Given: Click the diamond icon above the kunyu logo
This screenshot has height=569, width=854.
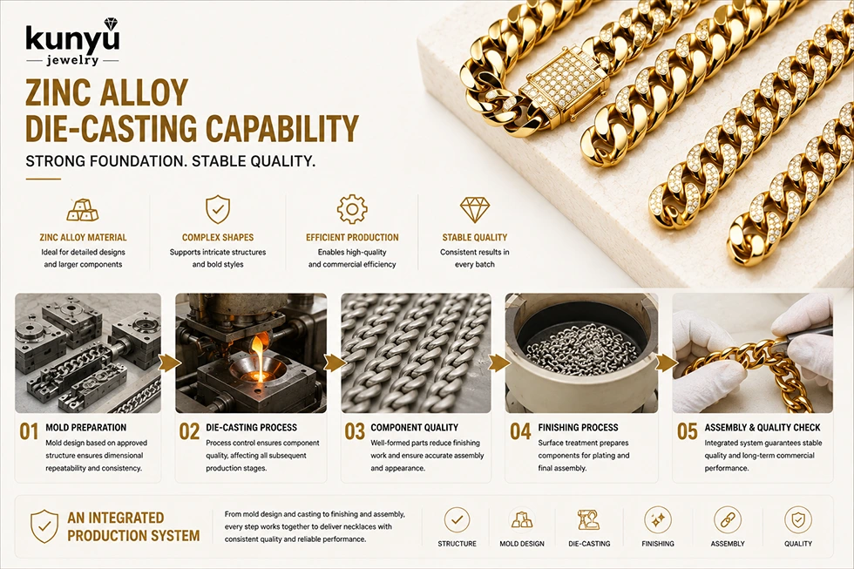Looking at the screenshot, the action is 111,24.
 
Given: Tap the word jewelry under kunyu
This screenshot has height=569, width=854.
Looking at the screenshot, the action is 72,60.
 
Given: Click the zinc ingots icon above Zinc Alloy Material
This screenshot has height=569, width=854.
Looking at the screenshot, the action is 82,210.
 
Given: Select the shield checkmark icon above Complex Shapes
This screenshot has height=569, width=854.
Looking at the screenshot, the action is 218,210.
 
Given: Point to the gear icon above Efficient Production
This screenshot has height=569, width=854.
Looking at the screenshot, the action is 352,209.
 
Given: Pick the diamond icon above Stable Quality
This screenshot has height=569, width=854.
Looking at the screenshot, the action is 475,210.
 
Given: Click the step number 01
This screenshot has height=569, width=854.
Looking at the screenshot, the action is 29,432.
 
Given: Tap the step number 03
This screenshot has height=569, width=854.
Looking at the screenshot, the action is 355,432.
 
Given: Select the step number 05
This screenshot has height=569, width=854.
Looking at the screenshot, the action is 688,432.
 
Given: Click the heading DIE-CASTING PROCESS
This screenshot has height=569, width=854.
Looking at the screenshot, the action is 252,428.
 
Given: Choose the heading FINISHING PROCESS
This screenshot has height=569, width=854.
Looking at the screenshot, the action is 578,428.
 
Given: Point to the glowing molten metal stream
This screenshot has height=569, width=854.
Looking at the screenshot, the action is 261,354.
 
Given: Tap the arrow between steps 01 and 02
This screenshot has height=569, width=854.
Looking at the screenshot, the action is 168,362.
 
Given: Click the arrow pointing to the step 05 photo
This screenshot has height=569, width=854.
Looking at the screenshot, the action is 664,362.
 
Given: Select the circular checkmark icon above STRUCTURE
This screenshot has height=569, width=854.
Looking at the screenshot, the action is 457,520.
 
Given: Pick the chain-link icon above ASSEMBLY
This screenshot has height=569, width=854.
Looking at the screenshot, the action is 727,520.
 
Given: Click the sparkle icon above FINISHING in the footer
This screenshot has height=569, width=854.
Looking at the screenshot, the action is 657,520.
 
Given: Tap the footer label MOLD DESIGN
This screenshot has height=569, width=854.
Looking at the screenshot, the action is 522,544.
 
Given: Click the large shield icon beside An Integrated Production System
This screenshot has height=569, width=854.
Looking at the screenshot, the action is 44,526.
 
